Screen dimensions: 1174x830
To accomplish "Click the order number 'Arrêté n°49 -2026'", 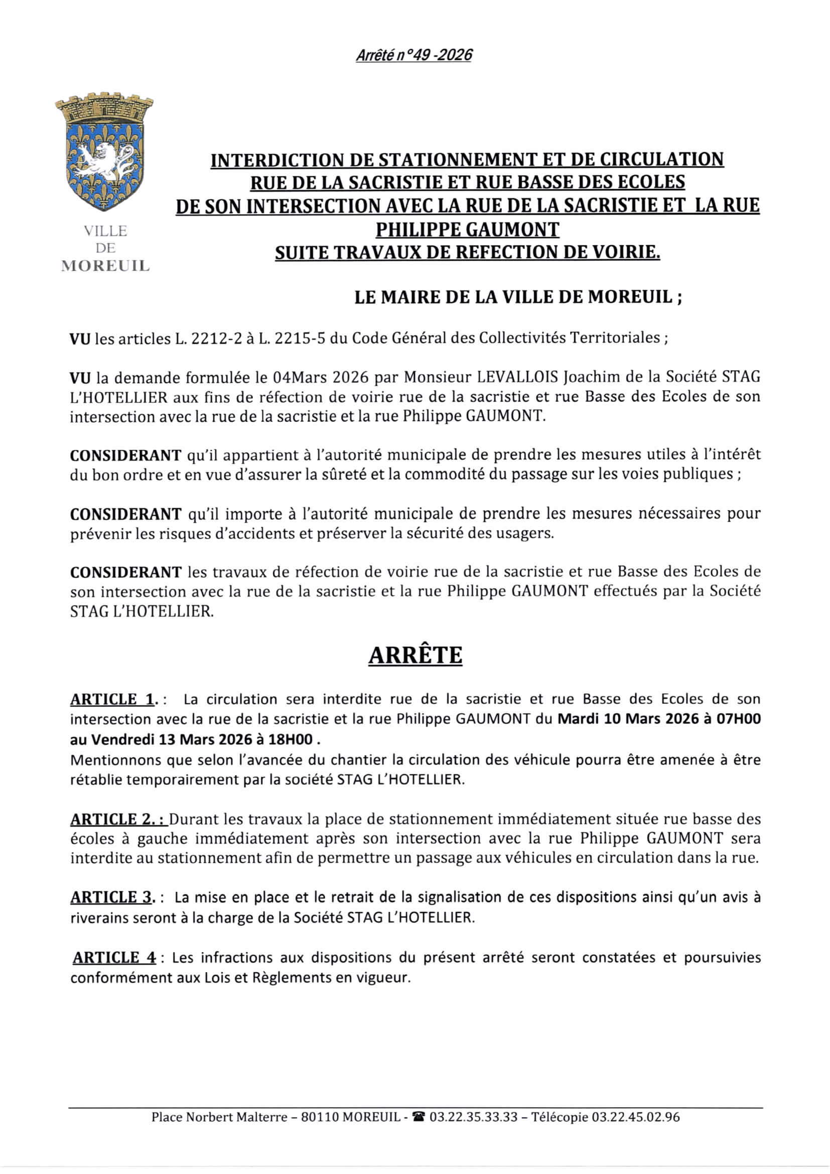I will click(413, 55).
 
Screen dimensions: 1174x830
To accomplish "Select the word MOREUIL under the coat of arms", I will click(105, 266).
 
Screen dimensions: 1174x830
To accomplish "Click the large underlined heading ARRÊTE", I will click(415, 655).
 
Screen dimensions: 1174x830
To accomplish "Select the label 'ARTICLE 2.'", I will click(118, 819).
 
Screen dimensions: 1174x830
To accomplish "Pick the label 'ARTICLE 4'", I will click(114, 958).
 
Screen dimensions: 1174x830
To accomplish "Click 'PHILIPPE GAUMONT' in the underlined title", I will click(467, 229).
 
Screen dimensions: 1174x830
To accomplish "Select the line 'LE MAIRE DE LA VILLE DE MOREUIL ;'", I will click(518, 297).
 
